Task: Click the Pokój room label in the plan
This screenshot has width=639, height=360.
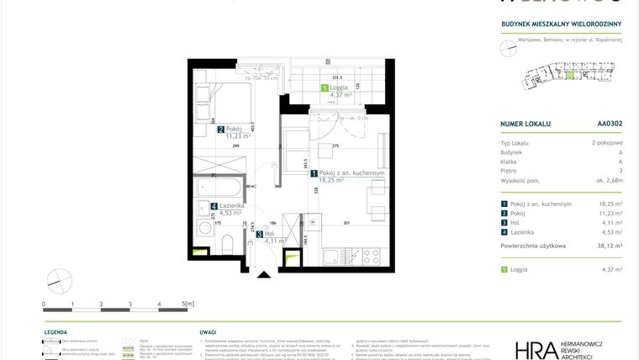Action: click(x=233, y=130)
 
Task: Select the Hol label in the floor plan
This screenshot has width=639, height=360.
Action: click(x=270, y=235)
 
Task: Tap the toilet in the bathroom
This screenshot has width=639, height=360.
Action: click(x=228, y=244)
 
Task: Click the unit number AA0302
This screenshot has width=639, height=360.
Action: click(x=610, y=124)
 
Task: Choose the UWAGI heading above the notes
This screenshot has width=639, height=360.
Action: click(x=209, y=333)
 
